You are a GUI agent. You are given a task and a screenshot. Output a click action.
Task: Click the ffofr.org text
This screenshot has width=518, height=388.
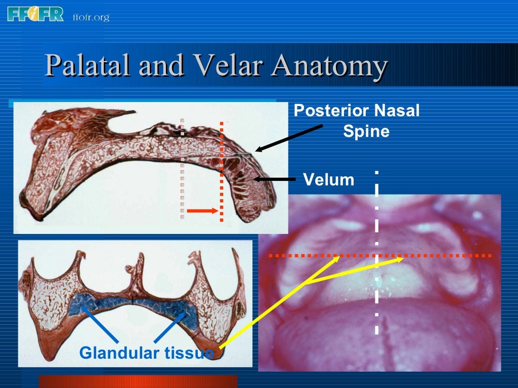point(91,18)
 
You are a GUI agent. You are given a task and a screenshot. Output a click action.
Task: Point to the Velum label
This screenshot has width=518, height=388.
point(329,179)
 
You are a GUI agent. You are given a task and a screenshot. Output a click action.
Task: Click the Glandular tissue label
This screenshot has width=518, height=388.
point(146,352)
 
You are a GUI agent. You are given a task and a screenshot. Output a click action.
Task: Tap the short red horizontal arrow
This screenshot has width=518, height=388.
point(202,211)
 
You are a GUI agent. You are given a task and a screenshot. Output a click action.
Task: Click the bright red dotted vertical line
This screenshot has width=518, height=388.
point(222,172)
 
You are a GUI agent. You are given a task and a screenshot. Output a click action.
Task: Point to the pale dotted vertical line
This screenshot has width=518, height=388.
point(182,169)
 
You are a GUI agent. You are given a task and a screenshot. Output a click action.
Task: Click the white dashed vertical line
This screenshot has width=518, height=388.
point(376,253)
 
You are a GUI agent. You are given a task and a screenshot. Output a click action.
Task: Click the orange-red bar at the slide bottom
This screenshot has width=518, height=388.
point(138,381)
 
